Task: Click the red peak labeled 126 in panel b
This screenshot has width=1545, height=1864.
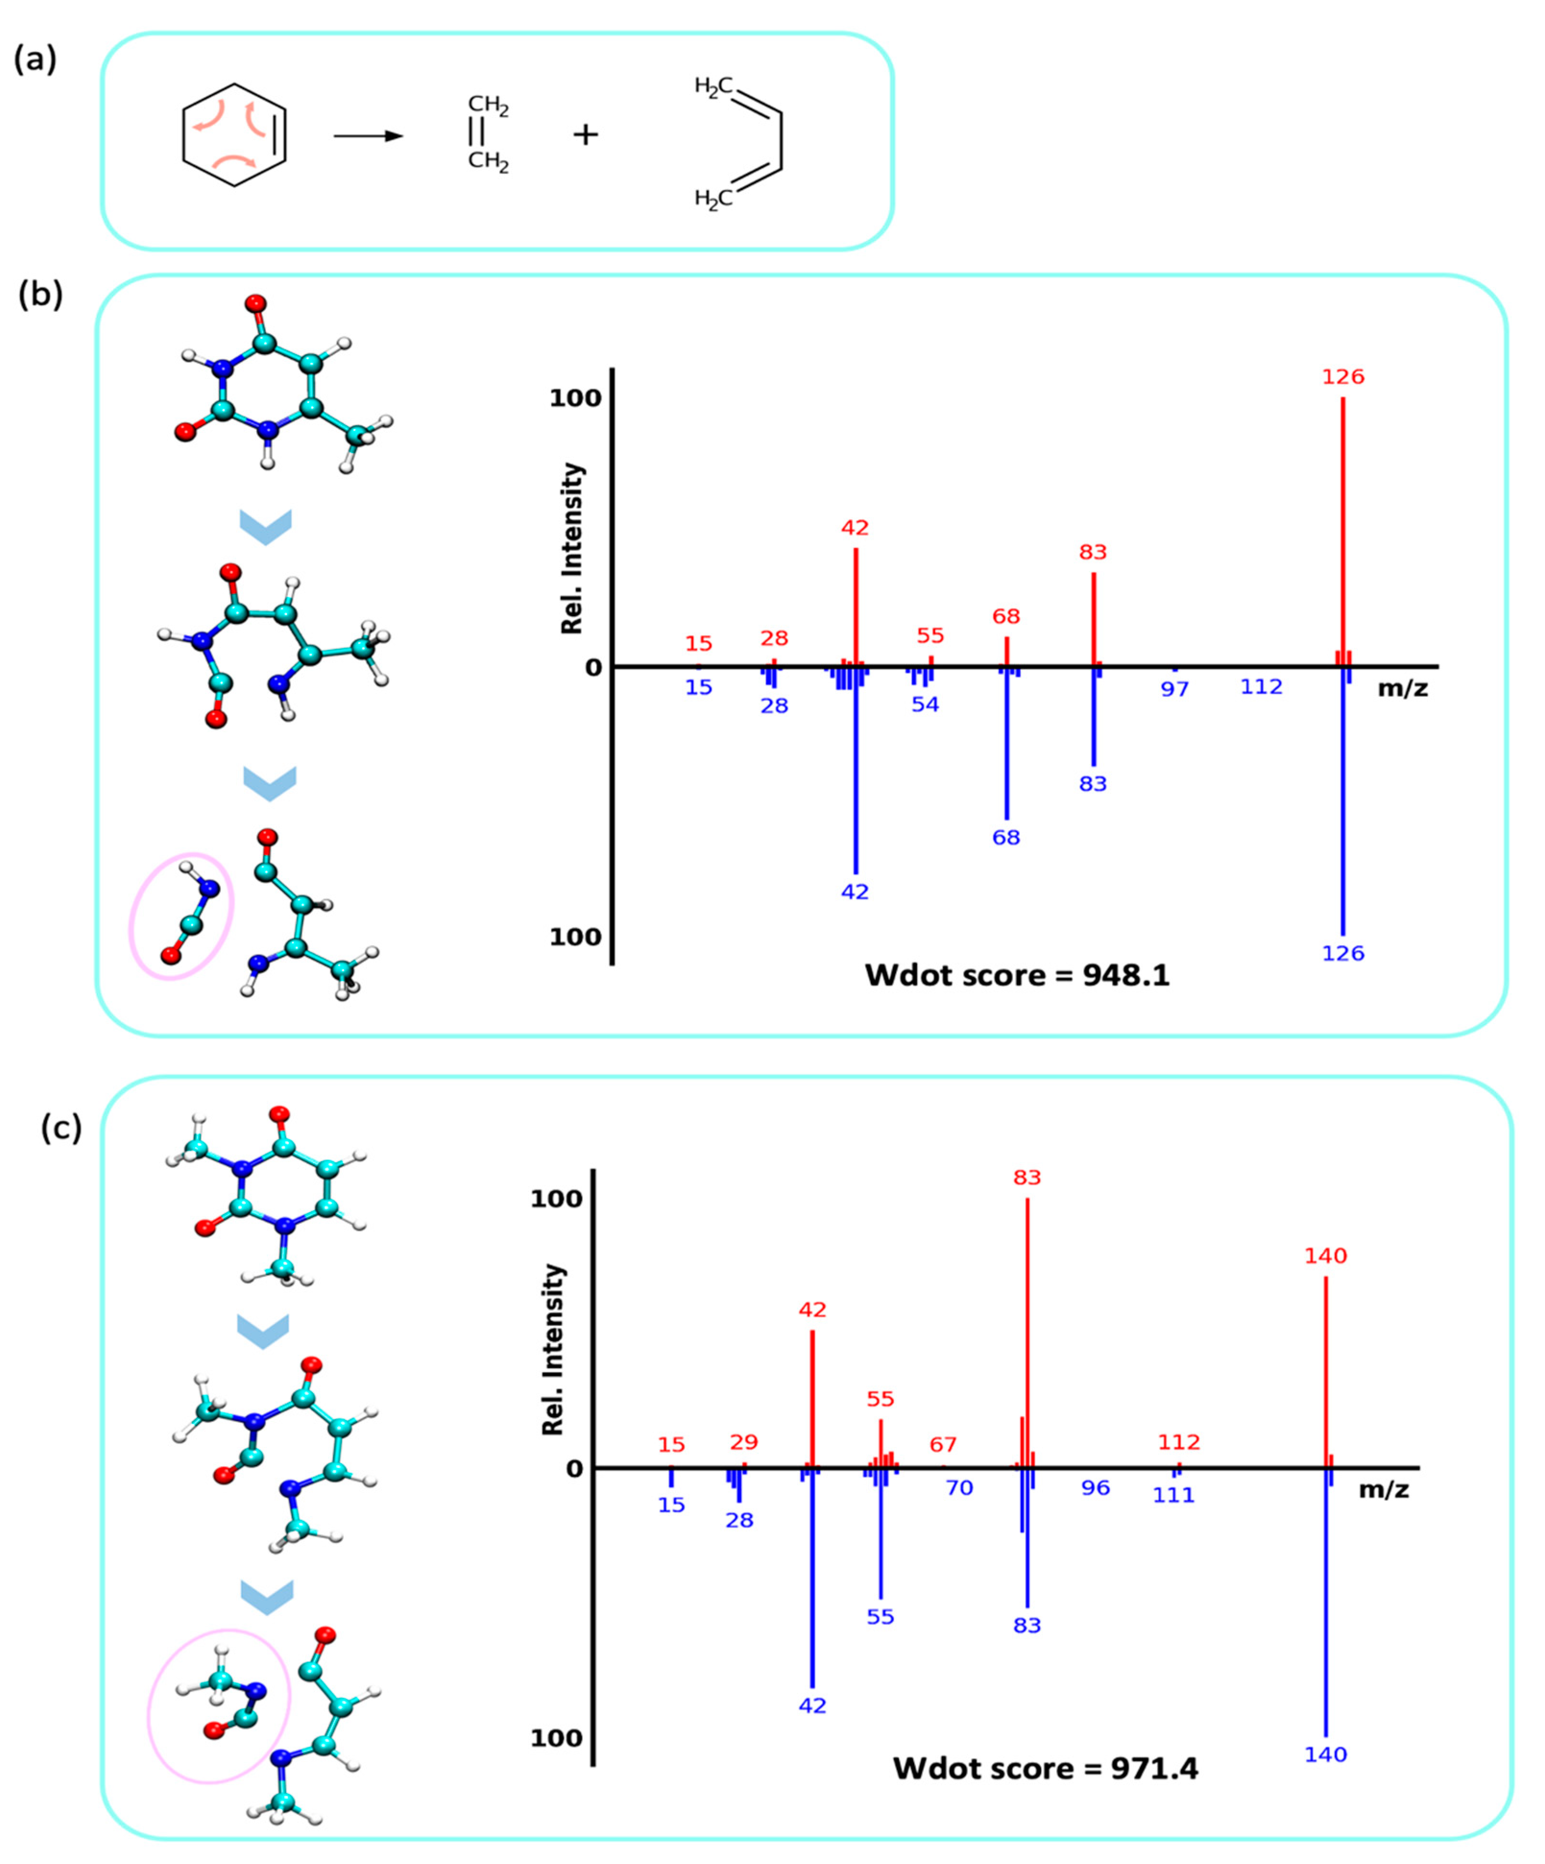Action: (1342, 533)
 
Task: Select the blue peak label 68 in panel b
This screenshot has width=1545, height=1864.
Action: (1006, 837)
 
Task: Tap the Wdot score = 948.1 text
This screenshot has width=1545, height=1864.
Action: (1017, 976)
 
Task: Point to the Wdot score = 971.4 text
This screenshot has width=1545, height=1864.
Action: (1045, 1768)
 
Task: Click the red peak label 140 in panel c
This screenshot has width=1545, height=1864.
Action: (1326, 1256)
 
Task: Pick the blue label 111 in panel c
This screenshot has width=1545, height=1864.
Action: (1174, 1495)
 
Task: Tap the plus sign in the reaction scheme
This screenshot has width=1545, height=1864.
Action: (585, 135)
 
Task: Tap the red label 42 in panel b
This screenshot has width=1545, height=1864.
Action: (855, 528)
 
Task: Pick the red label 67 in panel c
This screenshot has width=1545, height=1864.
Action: (943, 1445)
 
